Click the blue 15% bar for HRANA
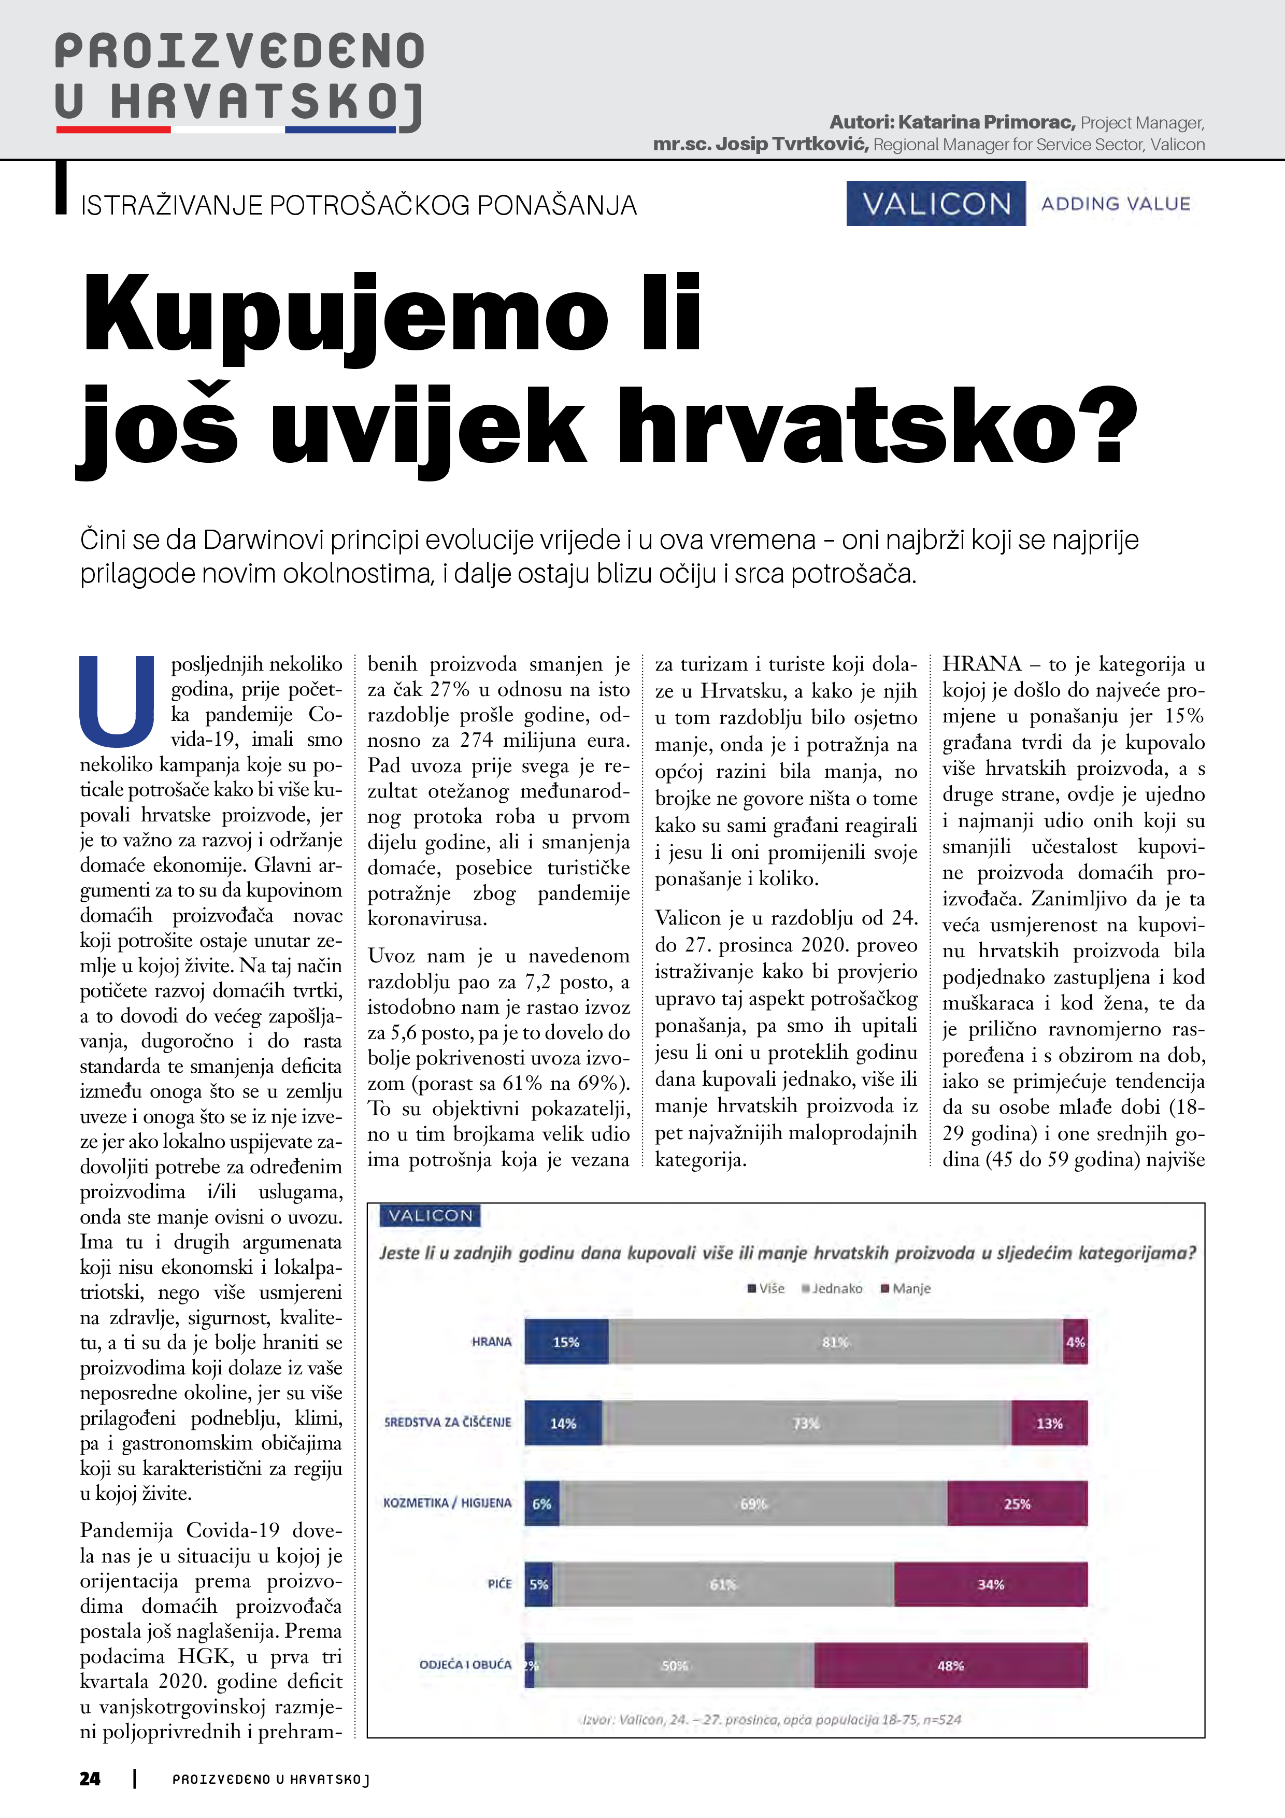tap(566, 1341)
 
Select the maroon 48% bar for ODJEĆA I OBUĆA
tap(950, 1665)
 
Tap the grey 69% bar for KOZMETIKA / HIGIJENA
tap(753, 1503)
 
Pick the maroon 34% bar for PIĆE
tap(991, 1584)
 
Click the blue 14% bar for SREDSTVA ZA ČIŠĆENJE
tap(563, 1423)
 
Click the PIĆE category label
tap(499, 1584)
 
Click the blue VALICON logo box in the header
tap(936, 204)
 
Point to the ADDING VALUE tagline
tap(1116, 204)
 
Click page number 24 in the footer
tap(90, 1779)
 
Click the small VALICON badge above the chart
tap(430, 1215)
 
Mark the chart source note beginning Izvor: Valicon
tap(771, 1720)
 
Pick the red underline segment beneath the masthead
tap(113, 129)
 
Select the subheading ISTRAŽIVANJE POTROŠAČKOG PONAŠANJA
tap(359, 205)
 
